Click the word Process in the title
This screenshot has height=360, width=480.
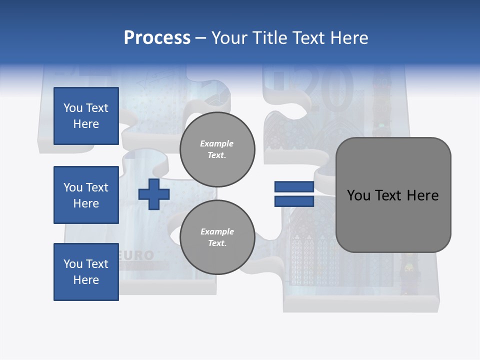click(157, 38)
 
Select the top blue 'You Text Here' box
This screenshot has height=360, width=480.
click(86, 116)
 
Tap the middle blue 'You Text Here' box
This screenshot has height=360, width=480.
click(86, 195)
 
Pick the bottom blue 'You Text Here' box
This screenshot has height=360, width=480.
click(86, 271)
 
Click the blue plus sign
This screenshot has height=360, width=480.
click(154, 194)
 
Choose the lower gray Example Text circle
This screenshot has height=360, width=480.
click(217, 237)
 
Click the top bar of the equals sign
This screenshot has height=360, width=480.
click(294, 187)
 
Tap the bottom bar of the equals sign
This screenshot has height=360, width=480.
click(294, 201)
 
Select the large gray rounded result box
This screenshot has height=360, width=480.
click(393, 195)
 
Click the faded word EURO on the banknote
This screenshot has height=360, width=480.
click(136, 255)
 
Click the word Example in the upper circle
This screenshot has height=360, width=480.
click(217, 143)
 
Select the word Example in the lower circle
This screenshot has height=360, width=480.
click(217, 231)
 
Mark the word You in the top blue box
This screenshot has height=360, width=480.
click(72, 108)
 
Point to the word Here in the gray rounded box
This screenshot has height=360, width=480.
click(422, 195)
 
